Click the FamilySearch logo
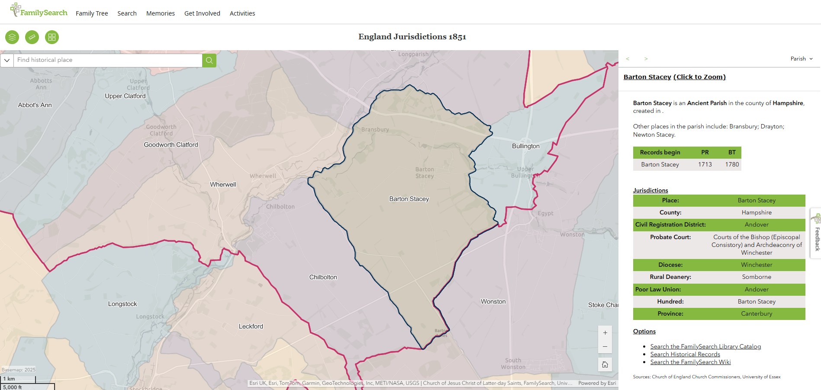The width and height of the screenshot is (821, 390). point(39,10)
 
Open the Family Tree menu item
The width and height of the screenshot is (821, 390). point(92,13)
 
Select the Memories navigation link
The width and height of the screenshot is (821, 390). point(160,13)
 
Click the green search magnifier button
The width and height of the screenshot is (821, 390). point(209,61)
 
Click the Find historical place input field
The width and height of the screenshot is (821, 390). point(108,60)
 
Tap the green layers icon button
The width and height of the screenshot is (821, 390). point(12,37)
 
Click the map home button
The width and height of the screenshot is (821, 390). point(605,364)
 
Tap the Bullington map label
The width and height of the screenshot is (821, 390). point(525,146)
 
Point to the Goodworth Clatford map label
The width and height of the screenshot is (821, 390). point(171,145)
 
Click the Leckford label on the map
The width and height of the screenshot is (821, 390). point(251,326)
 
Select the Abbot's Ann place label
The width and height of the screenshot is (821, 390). point(35,105)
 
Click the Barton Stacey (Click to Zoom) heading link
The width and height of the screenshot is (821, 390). point(674,77)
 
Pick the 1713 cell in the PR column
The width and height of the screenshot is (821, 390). point(705,164)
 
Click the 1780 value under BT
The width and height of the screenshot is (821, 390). point(732,164)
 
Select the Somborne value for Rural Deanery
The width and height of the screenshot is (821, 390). point(756,277)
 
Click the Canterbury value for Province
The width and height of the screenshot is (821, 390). point(756,313)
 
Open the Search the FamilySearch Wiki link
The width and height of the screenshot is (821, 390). point(690,362)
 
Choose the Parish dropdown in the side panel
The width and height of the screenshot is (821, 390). point(801,59)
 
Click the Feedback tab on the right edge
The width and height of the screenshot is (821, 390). point(817,233)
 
